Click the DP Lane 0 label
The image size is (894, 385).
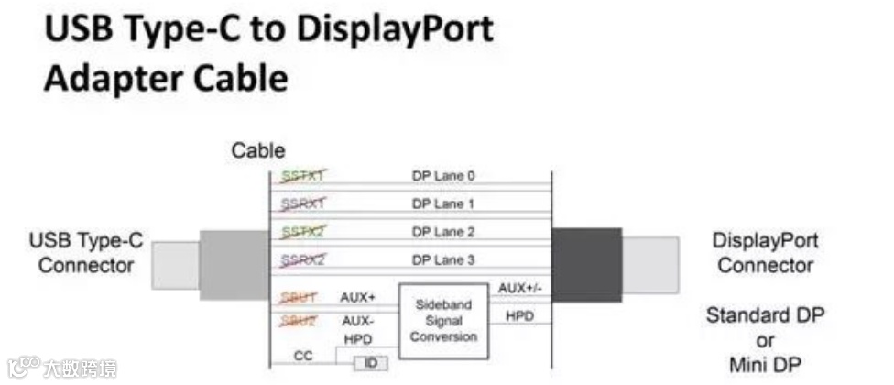443,176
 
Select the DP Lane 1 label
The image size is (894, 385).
443,203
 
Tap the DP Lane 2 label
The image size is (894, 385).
443,232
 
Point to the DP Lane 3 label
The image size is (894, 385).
443,260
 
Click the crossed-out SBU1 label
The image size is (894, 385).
299,297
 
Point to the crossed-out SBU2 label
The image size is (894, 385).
299,321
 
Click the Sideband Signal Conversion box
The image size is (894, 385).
443,321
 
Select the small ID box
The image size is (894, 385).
371,364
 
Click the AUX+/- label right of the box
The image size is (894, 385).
518,288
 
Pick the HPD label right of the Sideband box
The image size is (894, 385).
518,315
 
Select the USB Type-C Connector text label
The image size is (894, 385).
86,254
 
